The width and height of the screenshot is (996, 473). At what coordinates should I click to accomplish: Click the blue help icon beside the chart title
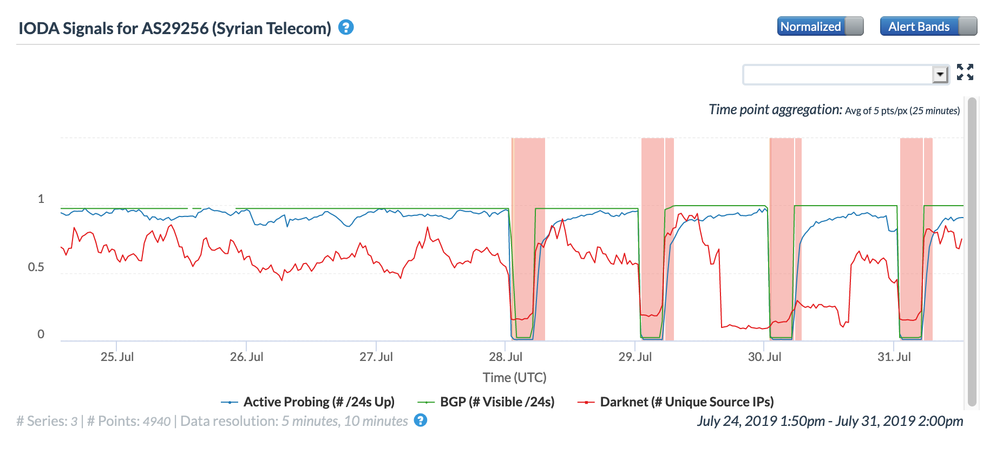pos(346,27)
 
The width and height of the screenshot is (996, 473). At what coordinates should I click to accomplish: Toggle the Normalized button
pos(820,27)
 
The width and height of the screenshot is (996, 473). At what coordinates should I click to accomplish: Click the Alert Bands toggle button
pos(928,27)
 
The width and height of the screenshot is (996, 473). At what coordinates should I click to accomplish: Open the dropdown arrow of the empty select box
pos(940,74)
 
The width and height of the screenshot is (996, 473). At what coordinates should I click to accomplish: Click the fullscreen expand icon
pos(965,72)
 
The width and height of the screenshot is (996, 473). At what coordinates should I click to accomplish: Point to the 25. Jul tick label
pos(117,357)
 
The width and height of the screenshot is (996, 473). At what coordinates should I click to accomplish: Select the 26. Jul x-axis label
pos(246,357)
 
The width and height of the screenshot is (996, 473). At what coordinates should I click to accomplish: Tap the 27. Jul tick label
pos(376,357)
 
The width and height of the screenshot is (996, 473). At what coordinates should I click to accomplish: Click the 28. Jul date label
pos(506,357)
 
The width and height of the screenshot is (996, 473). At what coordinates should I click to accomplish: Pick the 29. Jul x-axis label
pos(635,357)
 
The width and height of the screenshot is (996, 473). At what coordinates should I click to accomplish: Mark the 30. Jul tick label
pos(764,357)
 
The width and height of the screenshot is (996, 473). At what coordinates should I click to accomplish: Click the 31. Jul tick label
pos(894,357)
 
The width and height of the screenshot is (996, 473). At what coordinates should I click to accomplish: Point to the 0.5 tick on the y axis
pos(36,267)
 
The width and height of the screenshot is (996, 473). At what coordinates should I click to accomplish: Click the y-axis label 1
pos(41,199)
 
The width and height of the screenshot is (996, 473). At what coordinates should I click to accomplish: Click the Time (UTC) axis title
pos(514,378)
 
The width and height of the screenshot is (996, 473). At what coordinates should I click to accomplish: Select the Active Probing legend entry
pos(318,402)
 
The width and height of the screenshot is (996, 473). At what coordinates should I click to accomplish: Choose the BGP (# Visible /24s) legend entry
pos(497,402)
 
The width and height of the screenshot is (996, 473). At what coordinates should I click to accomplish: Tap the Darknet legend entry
pos(686,402)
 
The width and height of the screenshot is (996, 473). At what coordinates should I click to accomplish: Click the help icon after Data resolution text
pos(421,421)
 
